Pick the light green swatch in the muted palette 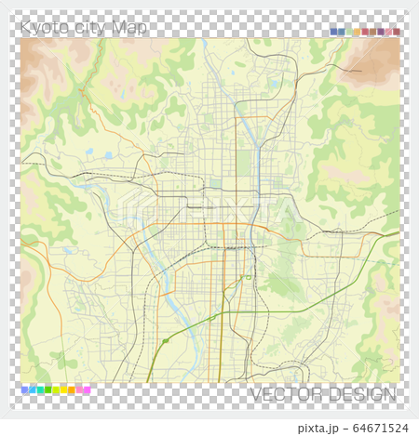pyautogui.click(x=349, y=32)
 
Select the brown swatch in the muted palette pyautogui.click(x=372, y=32)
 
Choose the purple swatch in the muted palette pyautogui.click(x=381, y=32)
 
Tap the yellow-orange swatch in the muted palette pyautogui.click(x=357, y=32)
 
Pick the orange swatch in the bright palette pyautogui.click(x=72, y=390)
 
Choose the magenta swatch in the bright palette pyautogui.click(x=88, y=390)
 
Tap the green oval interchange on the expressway pyautogui.click(x=165, y=341)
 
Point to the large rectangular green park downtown pyautogui.click(x=244, y=163)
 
